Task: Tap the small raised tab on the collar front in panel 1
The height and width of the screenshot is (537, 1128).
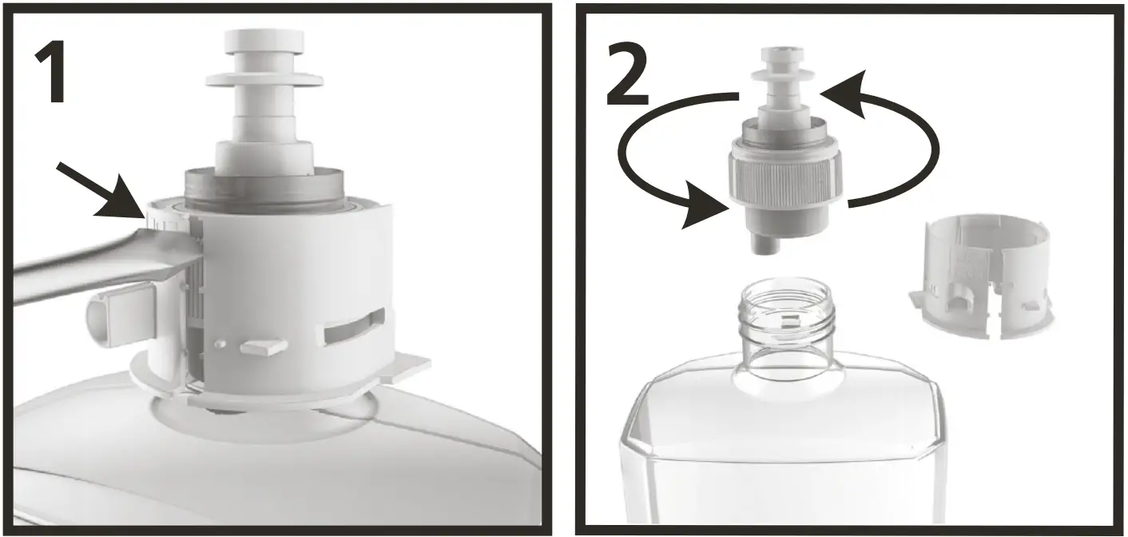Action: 263,346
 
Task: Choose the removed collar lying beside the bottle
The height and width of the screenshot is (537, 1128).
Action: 983,276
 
